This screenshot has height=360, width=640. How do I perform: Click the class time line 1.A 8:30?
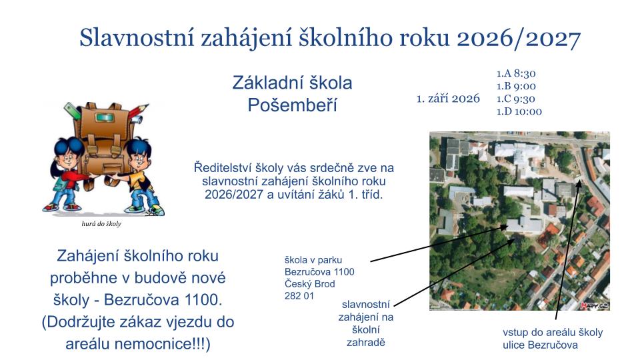click(516, 73)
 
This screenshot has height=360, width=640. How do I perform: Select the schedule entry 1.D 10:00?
click(519, 111)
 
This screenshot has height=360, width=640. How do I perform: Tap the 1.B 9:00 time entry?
click(516, 86)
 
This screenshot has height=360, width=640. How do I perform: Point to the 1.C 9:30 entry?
click(516, 99)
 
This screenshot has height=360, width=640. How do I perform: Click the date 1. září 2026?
click(448, 99)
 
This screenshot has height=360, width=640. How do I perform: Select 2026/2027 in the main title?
click(519, 39)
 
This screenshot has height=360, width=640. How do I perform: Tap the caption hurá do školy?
click(101, 224)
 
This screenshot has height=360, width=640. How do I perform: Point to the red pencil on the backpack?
click(138, 111)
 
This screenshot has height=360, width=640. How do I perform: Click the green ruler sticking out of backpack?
click(73, 111)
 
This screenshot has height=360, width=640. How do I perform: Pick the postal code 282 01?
click(299, 296)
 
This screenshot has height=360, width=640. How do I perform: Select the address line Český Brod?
click(309, 284)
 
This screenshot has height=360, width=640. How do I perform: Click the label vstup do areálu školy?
click(553, 332)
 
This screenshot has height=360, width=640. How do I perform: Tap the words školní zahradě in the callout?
click(366, 336)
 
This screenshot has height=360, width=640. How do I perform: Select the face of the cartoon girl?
click(69, 155)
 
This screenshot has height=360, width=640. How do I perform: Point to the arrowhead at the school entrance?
click(579, 183)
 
